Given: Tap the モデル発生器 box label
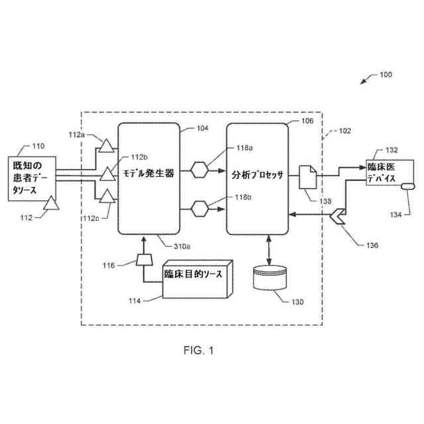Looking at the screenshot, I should tap(149, 176).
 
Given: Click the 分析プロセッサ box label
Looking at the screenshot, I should tap(257, 176).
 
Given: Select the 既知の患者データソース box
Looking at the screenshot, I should tap(31, 176).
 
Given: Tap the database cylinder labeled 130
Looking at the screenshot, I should tap(272, 279).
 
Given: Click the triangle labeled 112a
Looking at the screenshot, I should tap(105, 144).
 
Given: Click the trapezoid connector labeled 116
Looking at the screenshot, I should tap(141, 261).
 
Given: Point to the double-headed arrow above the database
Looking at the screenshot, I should tap(268, 250).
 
